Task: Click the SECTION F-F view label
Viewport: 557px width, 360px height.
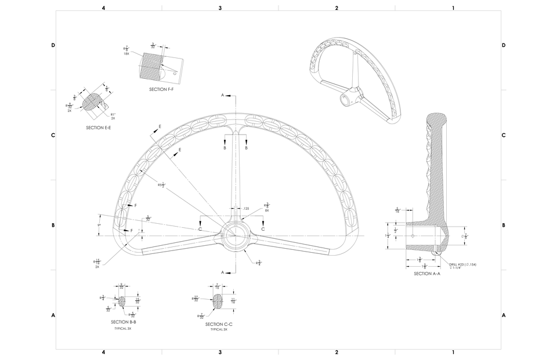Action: pyautogui.click(x=161, y=89)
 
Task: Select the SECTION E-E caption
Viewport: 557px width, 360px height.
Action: pyautogui.click(x=99, y=127)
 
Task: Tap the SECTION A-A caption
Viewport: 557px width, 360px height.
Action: pyautogui.click(x=427, y=273)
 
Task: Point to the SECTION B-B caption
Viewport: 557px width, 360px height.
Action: pyautogui.click(x=123, y=321)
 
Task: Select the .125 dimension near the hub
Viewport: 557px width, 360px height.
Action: pyautogui.click(x=246, y=208)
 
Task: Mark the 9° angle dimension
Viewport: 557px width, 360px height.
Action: pyautogui.click(x=99, y=225)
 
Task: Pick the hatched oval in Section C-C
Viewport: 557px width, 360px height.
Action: pyautogui.click(x=218, y=301)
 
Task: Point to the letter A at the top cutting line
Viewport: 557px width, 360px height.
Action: pyautogui.click(x=222, y=94)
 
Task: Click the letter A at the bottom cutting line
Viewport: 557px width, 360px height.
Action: pyautogui.click(x=222, y=272)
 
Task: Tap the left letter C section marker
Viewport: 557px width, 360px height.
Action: pyautogui.click(x=200, y=230)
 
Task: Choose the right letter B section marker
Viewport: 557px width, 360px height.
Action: pyautogui.click(x=246, y=148)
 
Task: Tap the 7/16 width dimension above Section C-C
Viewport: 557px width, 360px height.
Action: pyautogui.click(x=217, y=287)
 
